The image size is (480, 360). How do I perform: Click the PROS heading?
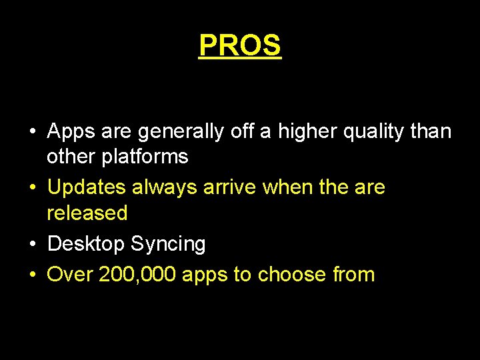(240, 45)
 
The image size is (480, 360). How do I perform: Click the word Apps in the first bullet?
(71, 132)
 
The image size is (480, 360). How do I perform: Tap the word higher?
(309, 132)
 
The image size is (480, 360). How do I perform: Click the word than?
(431, 132)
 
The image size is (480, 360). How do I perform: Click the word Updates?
(87, 187)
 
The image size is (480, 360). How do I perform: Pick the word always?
(163, 187)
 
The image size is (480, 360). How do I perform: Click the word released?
(87, 213)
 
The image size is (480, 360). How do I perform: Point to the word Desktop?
(86, 244)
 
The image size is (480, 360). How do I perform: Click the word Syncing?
(168, 244)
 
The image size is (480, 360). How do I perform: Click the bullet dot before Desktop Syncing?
(33, 245)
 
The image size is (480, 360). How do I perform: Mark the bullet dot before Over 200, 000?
(33, 275)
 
